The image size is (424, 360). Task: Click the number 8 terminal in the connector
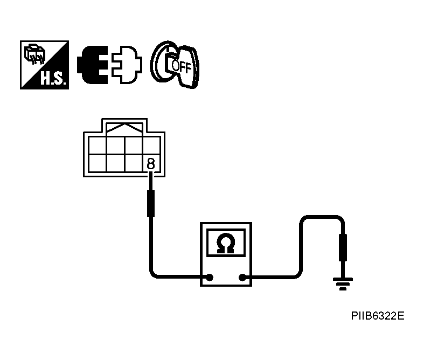pos(151,163)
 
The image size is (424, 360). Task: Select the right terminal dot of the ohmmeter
pos(243,278)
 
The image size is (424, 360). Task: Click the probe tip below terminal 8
pos(151,203)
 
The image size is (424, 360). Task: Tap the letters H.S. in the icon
pos(53,80)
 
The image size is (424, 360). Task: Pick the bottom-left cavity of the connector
pos(98,163)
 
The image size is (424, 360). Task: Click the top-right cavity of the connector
pos(151,144)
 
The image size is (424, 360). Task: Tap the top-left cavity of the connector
pos(98,144)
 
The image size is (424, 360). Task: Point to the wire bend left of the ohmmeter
pos(153,274)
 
